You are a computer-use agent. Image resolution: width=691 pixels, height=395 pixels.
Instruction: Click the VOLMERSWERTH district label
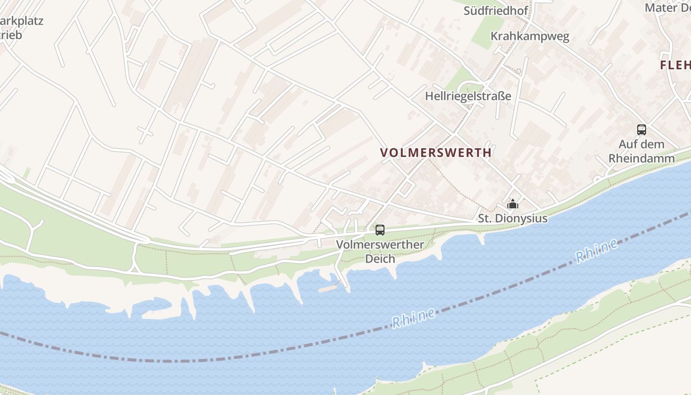click(x=436, y=153)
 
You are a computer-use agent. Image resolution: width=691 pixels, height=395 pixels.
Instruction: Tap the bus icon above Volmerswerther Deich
click(x=380, y=230)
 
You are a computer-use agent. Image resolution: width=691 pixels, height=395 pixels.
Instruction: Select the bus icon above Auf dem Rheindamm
click(x=641, y=130)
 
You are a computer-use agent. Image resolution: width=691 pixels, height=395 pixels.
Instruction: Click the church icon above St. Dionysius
click(x=513, y=203)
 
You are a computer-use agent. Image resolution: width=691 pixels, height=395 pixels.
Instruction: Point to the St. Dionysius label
click(x=512, y=218)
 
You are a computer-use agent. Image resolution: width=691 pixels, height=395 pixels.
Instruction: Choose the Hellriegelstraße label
click(x=468, y=96)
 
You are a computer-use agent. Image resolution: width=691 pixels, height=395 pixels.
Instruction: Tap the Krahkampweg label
click(x=530, y=36)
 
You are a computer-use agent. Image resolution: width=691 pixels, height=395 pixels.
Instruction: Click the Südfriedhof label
click(x=496, y=10)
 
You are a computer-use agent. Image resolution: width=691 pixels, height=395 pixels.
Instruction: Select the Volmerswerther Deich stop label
click(x=380, y=251)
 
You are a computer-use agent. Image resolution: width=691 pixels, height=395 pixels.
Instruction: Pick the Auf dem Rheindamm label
click(x=641, y=151)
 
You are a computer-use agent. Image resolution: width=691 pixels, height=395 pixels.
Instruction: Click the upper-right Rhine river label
click(x=596, y=251)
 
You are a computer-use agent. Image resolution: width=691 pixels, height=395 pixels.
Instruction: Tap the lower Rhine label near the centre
click(x=414, y=318)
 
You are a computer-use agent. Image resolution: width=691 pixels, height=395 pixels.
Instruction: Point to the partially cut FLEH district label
click(x=676, y=65)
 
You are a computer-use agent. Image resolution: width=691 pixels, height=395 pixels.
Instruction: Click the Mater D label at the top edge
click(x=668, y=8)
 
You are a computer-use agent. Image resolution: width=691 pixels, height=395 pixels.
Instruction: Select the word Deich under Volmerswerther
click(x=380, y=259)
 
